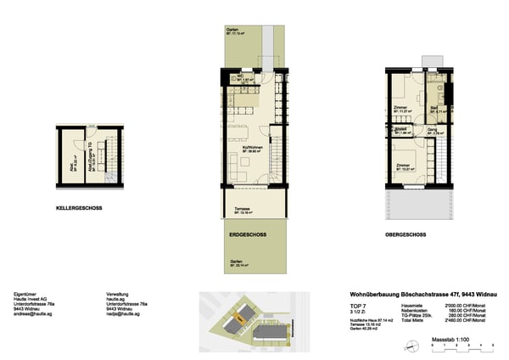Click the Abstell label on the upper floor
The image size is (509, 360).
[x=402, y=131]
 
